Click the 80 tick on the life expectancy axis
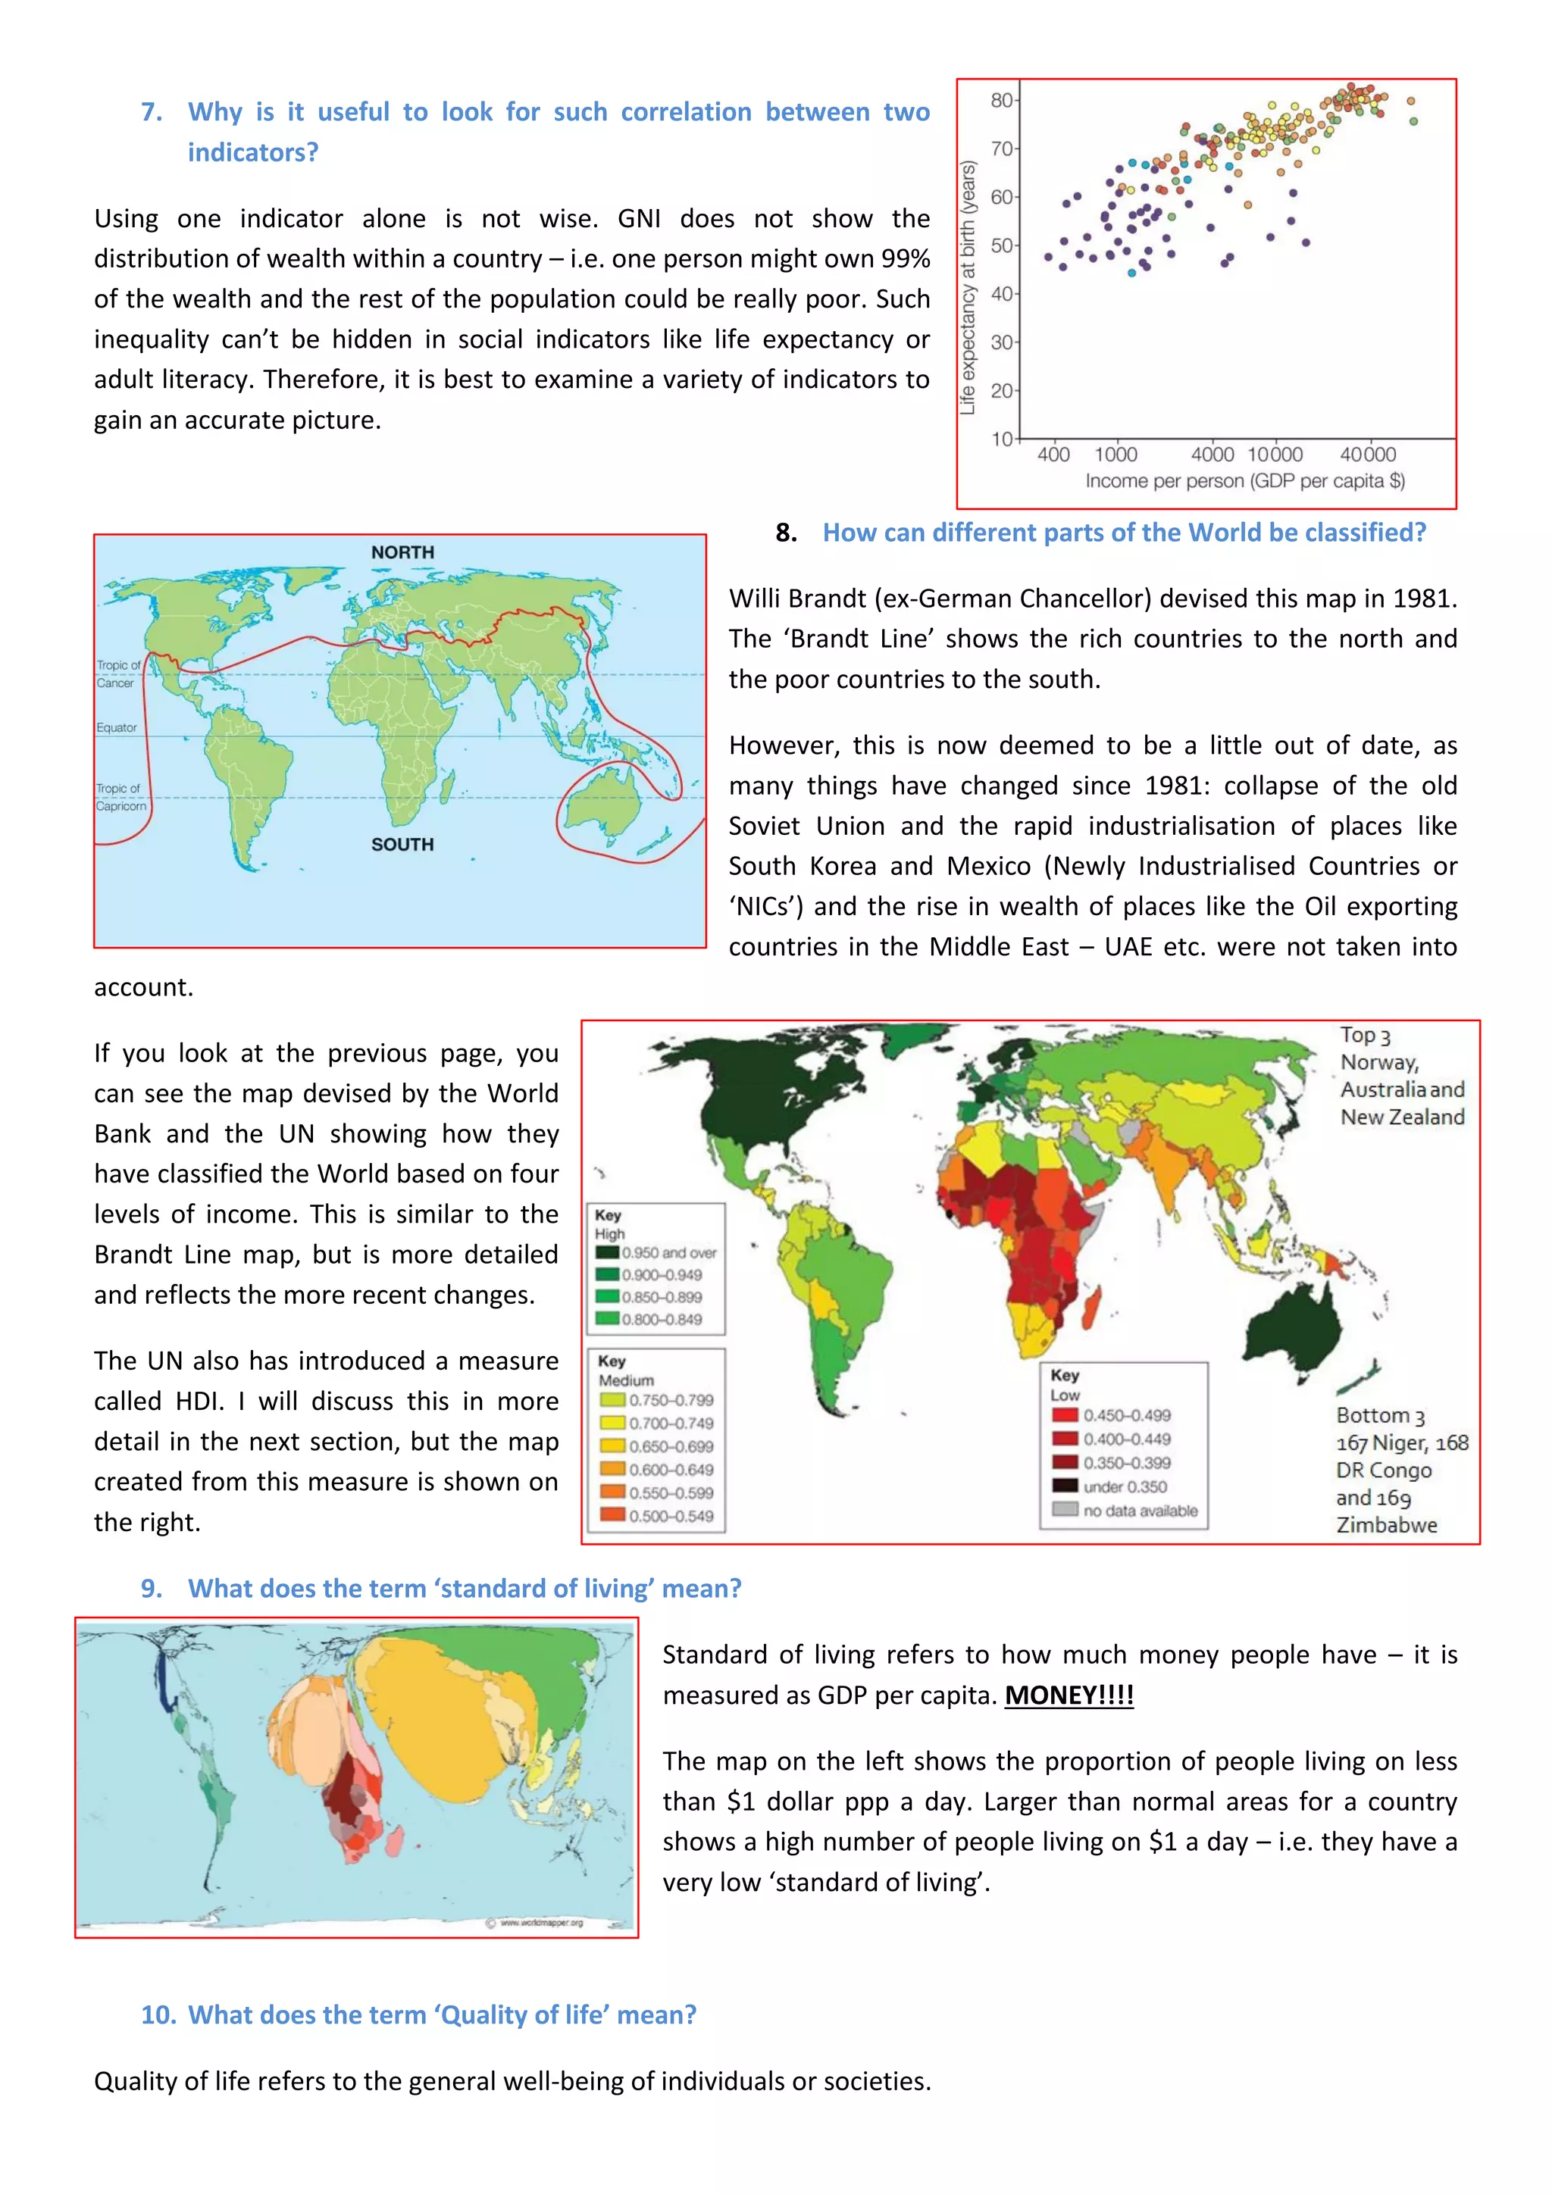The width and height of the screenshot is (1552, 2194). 1000,99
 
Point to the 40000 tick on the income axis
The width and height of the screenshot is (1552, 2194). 1368,455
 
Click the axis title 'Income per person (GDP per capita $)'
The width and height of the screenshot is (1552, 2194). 1244,480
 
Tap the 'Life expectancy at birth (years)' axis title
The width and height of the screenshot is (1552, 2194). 968,288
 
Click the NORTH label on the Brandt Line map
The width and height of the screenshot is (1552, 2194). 402,552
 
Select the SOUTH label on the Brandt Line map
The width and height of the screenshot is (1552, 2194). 402,845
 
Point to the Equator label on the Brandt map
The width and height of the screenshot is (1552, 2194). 117,727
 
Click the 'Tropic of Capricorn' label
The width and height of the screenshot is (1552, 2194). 120,797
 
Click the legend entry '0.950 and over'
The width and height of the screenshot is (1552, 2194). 668,1253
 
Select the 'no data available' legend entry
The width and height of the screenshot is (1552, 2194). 1139,1511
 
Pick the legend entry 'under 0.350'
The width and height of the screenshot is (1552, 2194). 1124,1487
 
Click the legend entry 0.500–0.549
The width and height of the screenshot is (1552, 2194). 670,1517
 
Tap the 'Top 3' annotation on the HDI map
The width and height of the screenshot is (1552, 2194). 1365,1035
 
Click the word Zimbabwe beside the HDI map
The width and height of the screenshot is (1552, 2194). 1386,1525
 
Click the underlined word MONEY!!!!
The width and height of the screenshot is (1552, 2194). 1069,1696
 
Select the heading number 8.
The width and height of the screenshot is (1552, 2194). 786,533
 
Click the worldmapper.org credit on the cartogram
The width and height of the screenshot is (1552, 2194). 540,1923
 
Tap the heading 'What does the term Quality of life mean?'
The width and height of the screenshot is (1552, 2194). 442,2014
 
